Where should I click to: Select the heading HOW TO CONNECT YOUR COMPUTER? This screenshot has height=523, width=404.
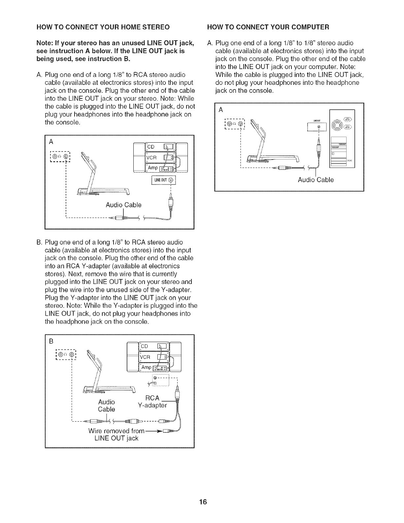coord(268,27)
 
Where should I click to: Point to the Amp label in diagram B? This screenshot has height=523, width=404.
coord(147,367)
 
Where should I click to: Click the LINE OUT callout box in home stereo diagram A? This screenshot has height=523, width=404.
coord(164,180)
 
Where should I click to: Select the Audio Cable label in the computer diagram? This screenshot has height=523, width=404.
coord(316,180)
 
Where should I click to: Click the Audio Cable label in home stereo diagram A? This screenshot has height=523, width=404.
coord(123,205)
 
